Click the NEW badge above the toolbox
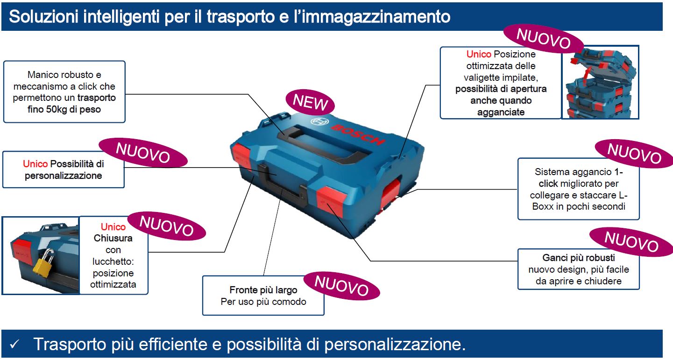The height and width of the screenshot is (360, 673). [x=310, y=102]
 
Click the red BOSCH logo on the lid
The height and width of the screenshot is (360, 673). [x=358, y=134]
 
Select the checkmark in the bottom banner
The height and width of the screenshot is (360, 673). [x=14, y=344]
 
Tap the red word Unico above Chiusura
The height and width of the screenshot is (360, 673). [x=113, y=226]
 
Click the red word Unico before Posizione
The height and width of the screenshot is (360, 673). [x=479, y=54]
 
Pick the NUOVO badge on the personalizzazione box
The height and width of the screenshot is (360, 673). [x=143, y=153]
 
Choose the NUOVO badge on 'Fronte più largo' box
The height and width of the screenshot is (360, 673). [x=341, y=286]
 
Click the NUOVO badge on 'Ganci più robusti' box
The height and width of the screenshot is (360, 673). [x=631, y=242]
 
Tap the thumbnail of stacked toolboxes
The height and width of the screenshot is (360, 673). [x=600, y=83]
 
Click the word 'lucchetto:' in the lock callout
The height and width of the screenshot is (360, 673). [x=113, y=261]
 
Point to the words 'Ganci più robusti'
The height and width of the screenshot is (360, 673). [x=578, y=258]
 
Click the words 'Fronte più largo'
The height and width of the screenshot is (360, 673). [x=263, y=290]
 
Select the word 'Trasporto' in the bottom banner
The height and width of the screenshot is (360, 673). [x=70, y=345]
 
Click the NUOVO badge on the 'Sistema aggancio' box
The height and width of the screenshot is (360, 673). [x=634, y=154]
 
